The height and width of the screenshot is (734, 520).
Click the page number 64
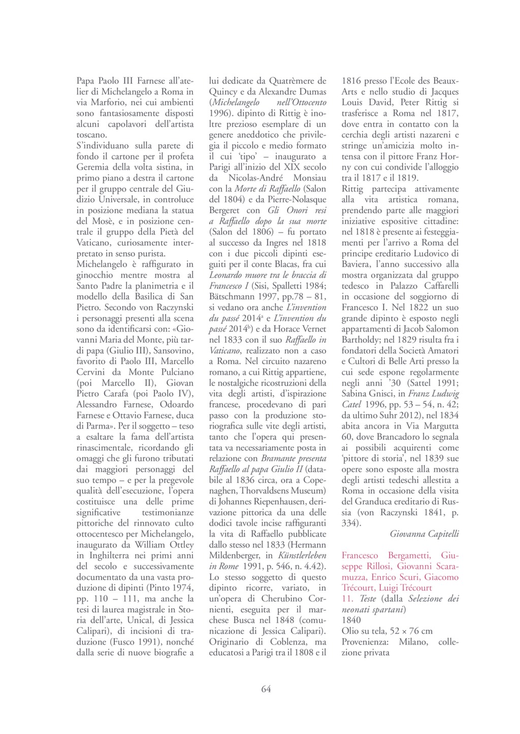pos(266,689)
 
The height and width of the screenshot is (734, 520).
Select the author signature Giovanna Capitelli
pos(425,533)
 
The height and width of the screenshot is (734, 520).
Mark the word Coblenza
pos(277,642)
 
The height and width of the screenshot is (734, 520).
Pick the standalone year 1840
pos(351,620)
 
